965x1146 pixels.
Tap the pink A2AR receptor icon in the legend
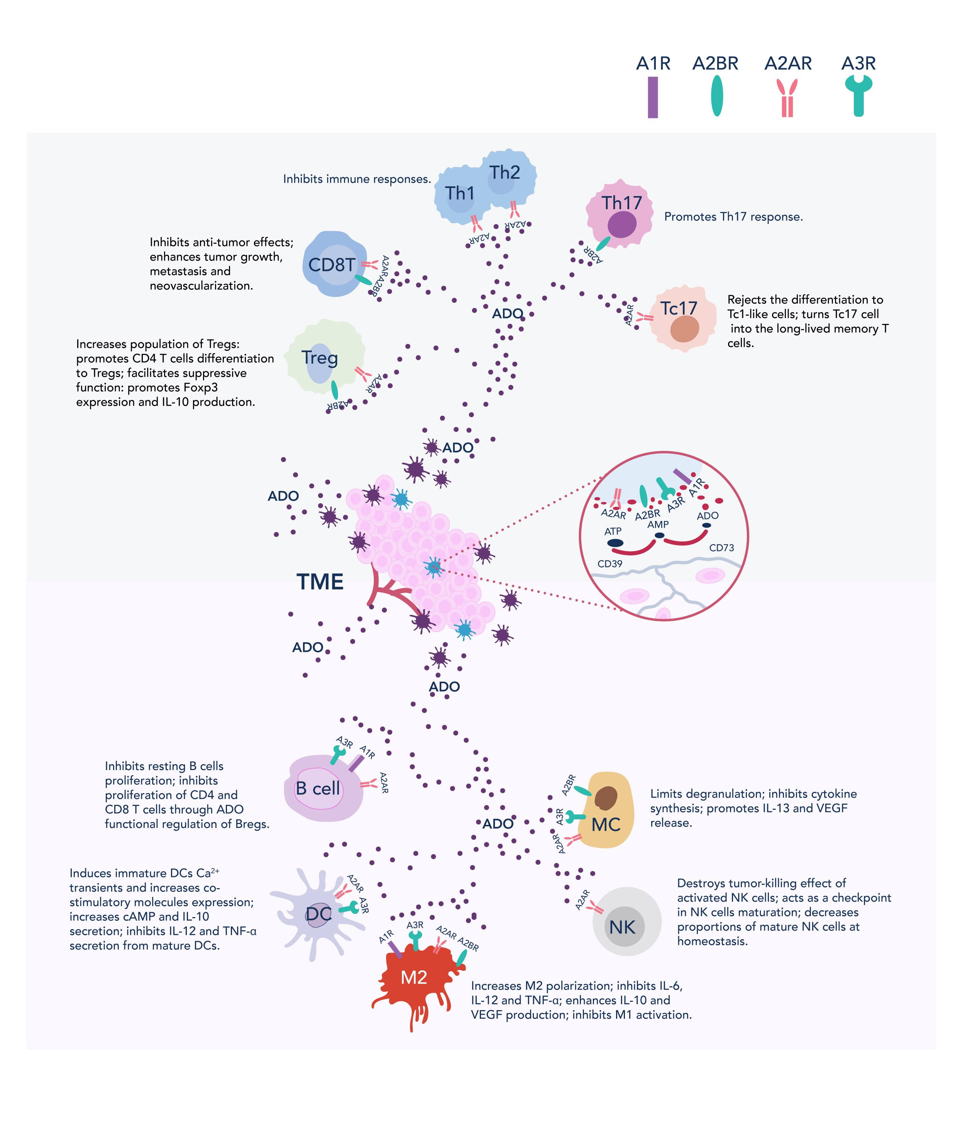[x=787, y=98]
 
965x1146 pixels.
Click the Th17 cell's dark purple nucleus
[x=621, y=224]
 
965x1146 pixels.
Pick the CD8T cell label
[x=332, y=265]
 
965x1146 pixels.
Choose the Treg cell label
[x=320, y=358]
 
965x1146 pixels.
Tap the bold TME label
[x=320, y=581]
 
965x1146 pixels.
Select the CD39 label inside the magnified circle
[x=609, y=564]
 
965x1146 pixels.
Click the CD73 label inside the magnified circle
[x=721, y=548]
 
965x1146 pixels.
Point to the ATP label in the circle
[x=613, y=531]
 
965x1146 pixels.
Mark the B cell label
[x=317, y=788]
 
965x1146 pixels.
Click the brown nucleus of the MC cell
[x=606, y=798]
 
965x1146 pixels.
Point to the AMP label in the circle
[x=658, y=524]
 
